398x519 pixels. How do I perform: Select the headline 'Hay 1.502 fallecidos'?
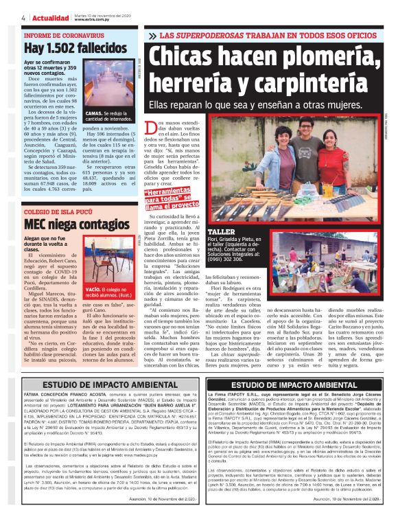pos(74,49)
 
